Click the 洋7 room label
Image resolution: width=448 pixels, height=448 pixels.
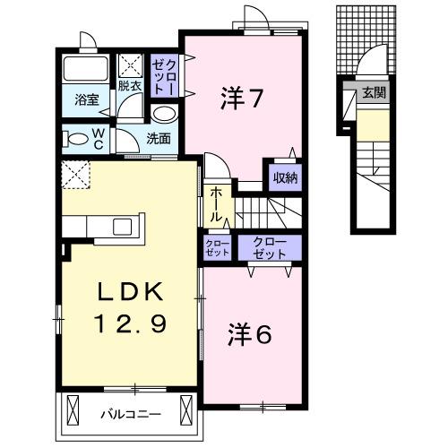[241, 99]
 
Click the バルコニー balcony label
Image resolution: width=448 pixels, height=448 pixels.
[129, 415]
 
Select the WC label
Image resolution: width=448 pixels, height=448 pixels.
[99, 138]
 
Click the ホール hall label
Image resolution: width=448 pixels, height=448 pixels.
[217, 204]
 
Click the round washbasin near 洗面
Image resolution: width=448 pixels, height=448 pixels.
[163, 114]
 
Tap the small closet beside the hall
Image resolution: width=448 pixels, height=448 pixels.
[217, 247]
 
